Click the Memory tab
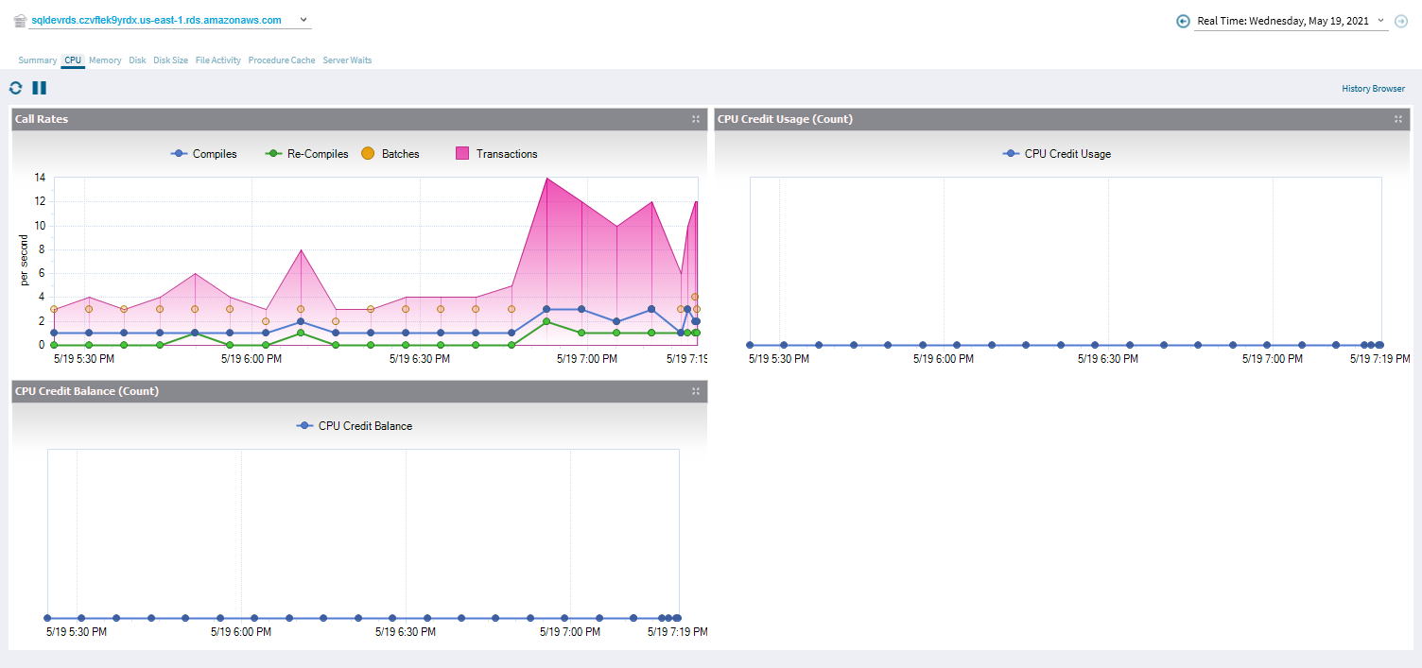(105, 60)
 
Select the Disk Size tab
(170, 60)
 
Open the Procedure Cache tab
(282, 60)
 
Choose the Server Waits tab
(347, 60)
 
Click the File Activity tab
(218, 60)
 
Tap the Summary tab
(38, 60)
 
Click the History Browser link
(1373, 89)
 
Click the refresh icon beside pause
(15, 88)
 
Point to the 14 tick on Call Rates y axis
(40, 178)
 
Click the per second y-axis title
(26, 261)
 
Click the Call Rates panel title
(42, 119)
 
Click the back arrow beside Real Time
(1183, 21)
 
